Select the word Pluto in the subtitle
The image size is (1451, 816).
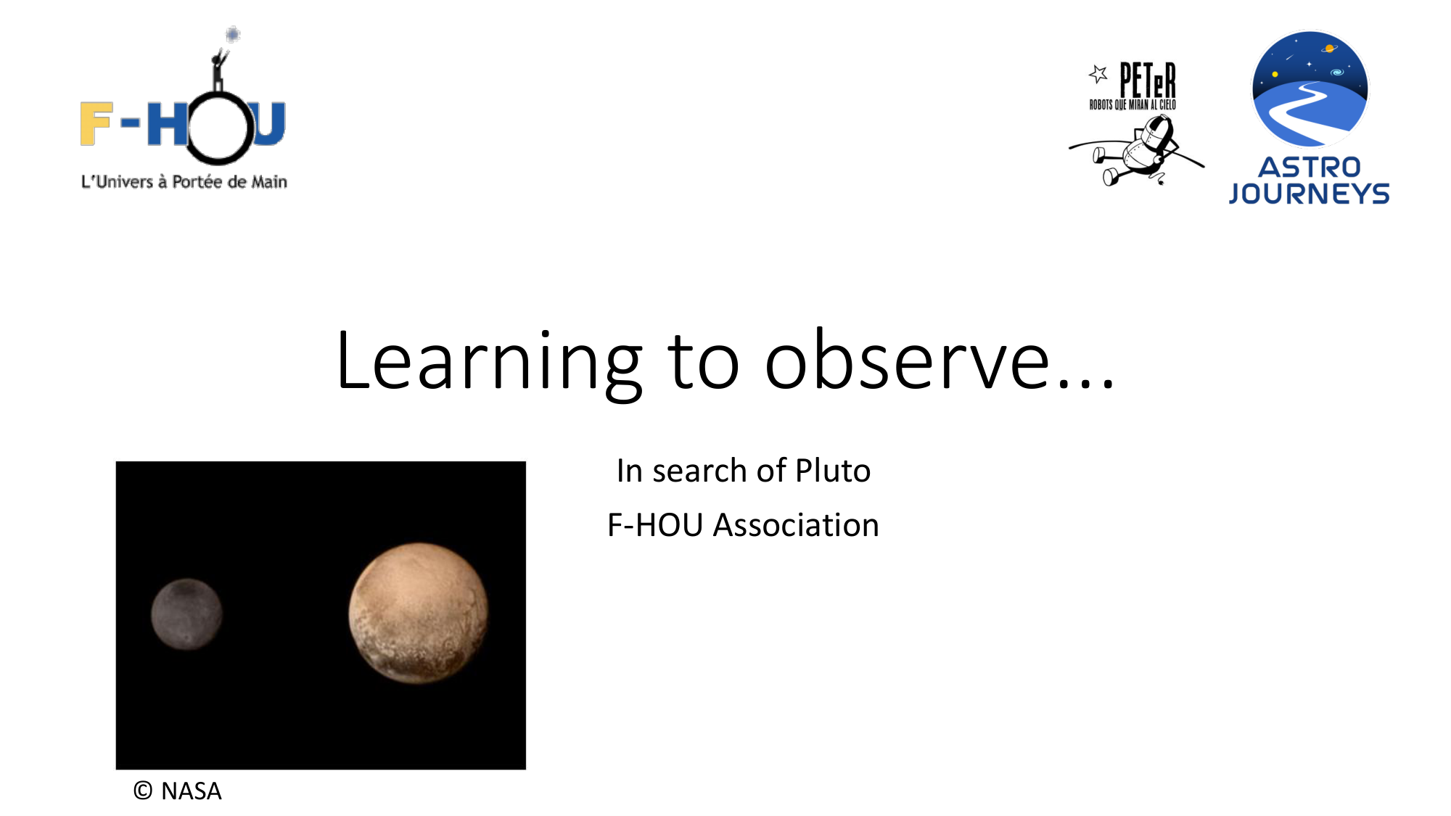click(833, 471)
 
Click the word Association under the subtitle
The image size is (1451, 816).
click(796, 525)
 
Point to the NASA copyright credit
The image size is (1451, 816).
click(177, 791)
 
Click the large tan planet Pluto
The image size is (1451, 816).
click(419, 613)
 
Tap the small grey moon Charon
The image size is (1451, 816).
click(186, 614)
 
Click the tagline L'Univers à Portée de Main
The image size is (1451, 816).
click(184, 182)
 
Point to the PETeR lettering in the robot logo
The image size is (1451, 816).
click(1147, 80)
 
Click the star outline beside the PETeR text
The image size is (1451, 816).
click(1098, 73)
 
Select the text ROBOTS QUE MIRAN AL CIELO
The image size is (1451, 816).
click(1133, 105)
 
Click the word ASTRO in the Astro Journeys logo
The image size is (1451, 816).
click(1309, 168)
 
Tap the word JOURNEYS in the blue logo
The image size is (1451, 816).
click(1309, 194)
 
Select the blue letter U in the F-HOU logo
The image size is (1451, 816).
click(268, 123)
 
